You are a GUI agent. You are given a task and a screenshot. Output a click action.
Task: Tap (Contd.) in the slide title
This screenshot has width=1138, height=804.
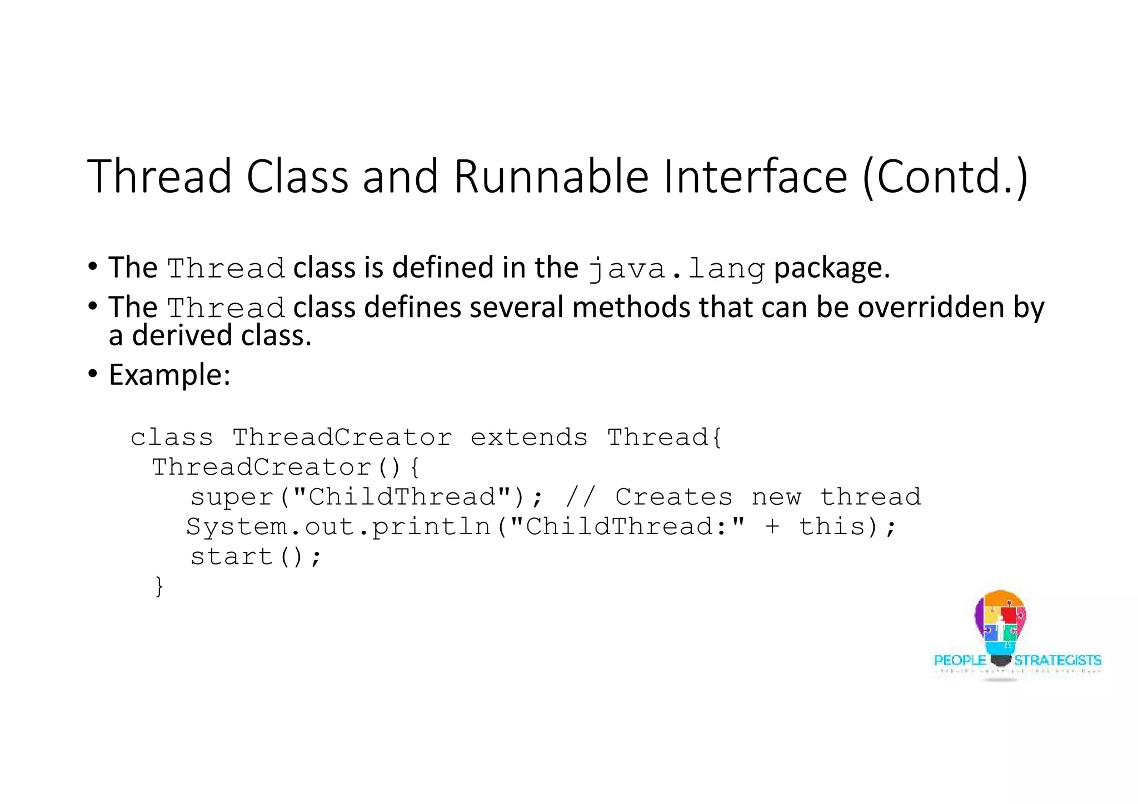(x=945, y=177)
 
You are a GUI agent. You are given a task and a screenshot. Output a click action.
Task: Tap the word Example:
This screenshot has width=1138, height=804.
(x=169, y=375)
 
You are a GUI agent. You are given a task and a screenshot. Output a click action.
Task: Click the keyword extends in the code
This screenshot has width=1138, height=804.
(x=529, y=438)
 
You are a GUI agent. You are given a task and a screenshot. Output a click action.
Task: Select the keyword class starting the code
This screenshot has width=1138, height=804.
(x=172, y=438)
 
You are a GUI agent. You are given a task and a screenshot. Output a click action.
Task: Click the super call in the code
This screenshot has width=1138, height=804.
(x=232, y=497)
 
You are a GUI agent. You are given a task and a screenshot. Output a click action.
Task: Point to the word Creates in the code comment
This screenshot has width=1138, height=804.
(x=673, y=497)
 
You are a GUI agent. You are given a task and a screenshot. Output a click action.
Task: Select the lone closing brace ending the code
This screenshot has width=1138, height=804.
(x=159, y=586)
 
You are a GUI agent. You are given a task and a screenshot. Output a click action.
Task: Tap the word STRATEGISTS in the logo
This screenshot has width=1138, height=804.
(x=1057, y=660)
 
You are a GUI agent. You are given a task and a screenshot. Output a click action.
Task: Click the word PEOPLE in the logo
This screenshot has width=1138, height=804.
(x=960, y=660)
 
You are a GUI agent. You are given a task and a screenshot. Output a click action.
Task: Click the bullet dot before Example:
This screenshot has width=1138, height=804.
(x=93, y=373)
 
